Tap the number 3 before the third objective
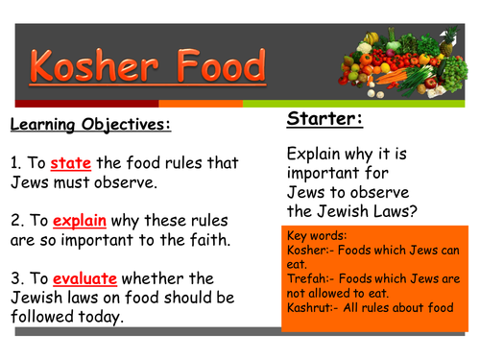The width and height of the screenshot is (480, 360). click(x=15, y=277)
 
